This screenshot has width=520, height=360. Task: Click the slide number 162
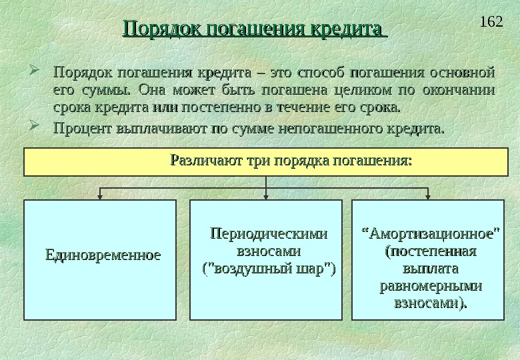click(x=491, y=22)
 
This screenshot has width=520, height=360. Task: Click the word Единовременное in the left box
click(x=103, y=255)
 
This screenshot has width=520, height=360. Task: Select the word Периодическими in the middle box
click(x=269, y=234)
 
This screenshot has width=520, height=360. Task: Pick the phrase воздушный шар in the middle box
click(x=269, y=270)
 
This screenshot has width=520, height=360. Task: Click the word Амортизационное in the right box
click(x=431, y=234)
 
